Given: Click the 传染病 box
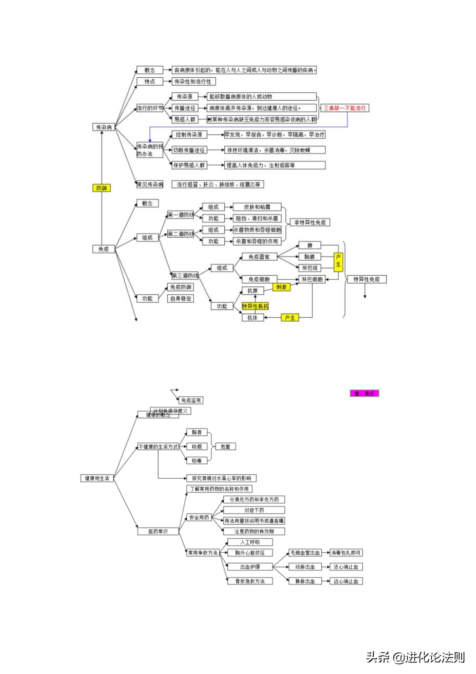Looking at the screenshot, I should click(104, 127).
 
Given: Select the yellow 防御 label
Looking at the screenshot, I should click(102, 188).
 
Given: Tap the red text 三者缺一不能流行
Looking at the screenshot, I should click(345, 108).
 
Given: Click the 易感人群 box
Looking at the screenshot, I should click(185, 119).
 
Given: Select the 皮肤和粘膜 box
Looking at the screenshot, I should click(257, 207).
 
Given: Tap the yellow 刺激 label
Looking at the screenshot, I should click(281, 287).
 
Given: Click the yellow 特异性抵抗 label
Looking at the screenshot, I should click(255, 306).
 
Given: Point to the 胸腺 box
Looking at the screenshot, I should click(309, 257).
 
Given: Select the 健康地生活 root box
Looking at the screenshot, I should click(97, 478).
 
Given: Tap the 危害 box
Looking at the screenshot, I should click(225, 447).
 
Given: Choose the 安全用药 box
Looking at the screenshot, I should click(199, 517).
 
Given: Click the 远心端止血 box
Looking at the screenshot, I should click(346, 581).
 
